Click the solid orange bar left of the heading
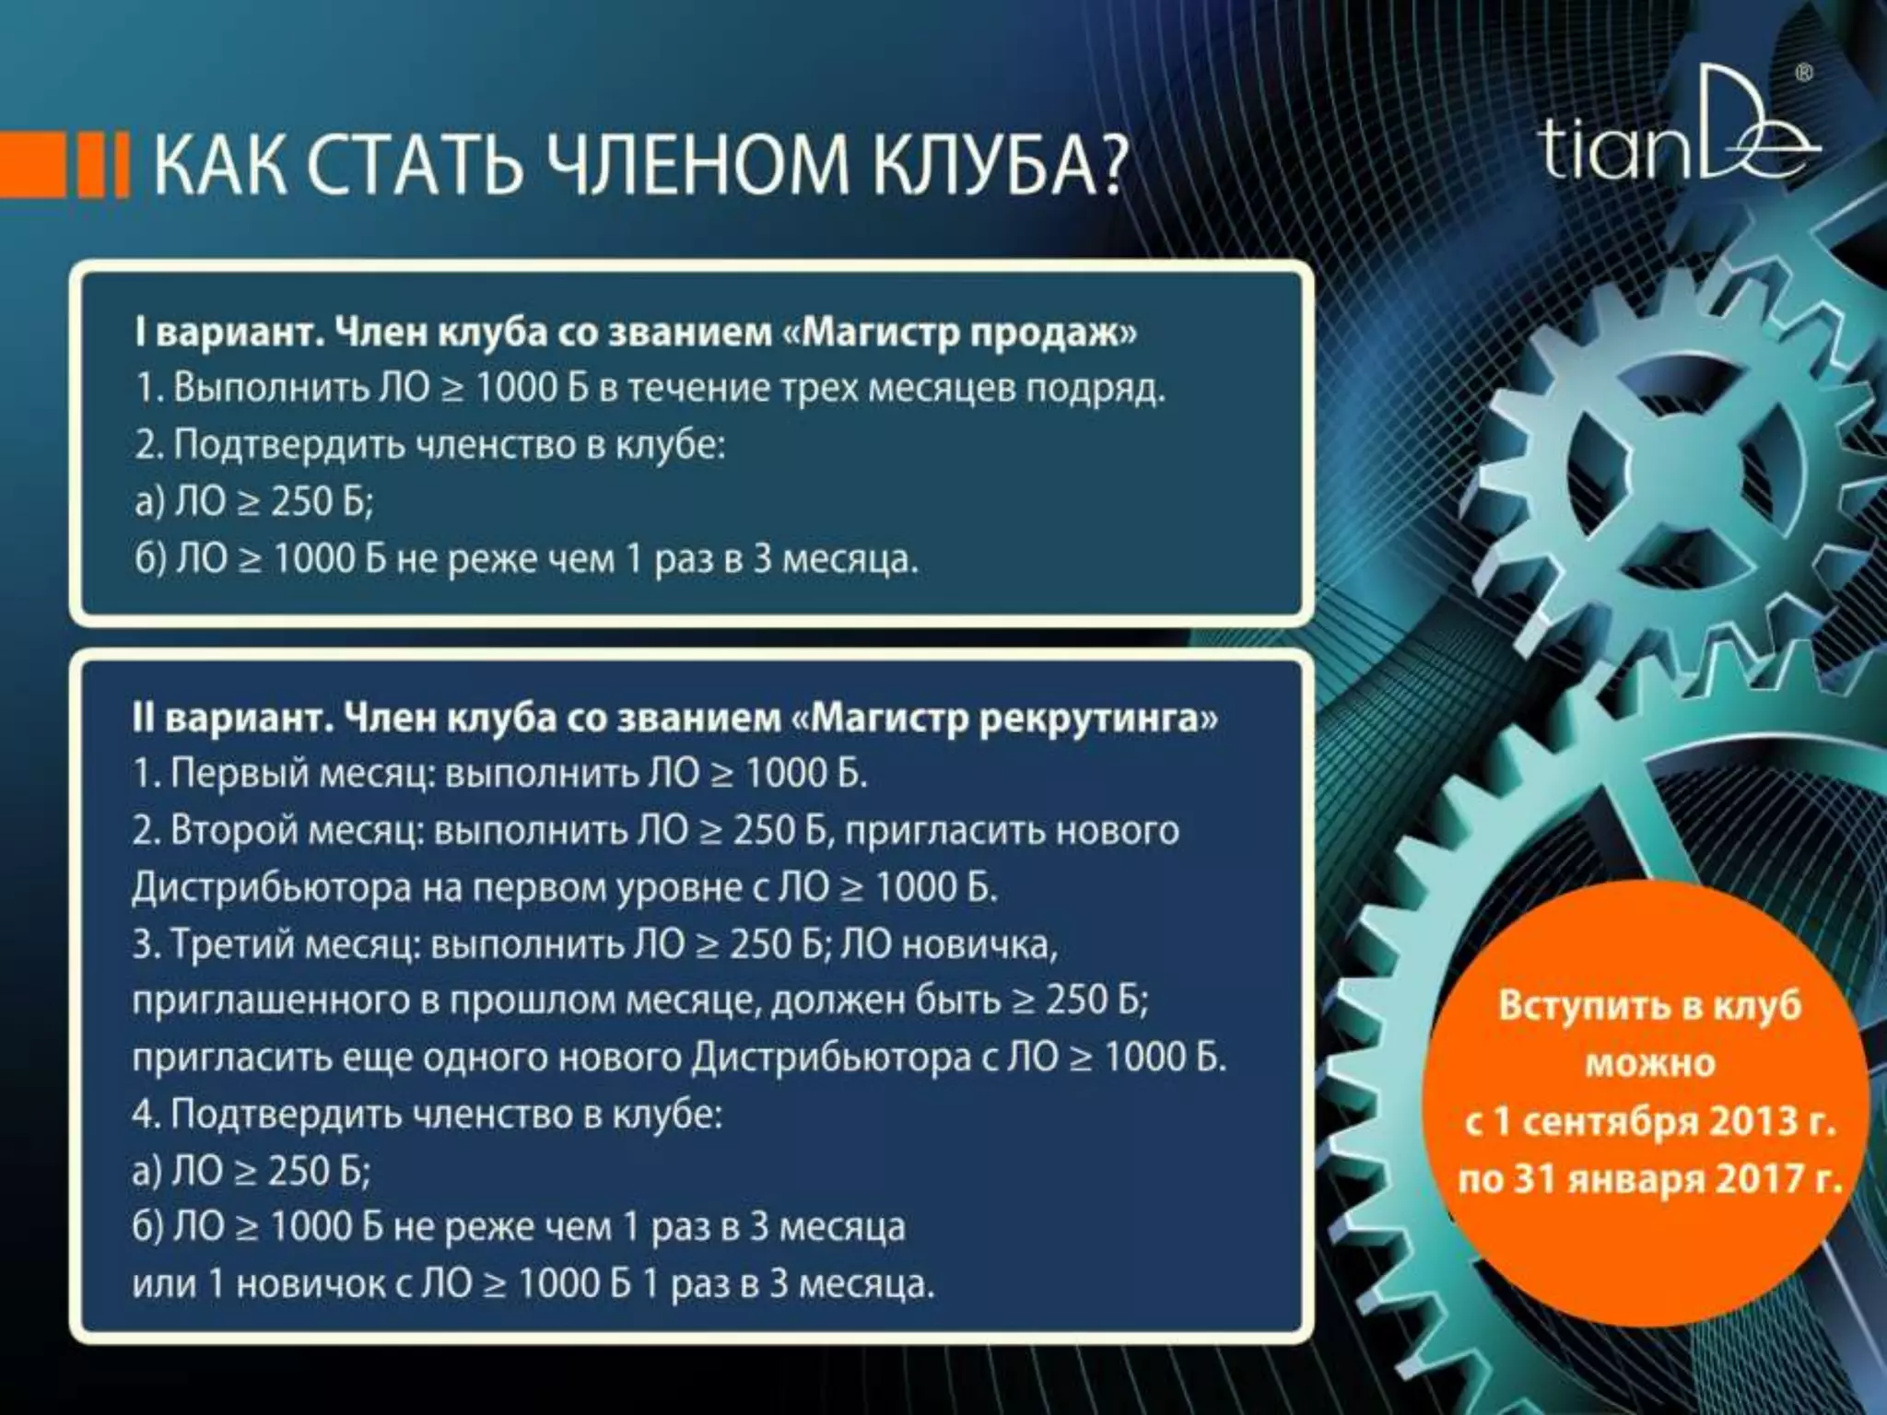click(x=32, y=165)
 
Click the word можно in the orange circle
click(x=1649, y=1063)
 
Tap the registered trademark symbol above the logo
click(x=1804, y=73)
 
